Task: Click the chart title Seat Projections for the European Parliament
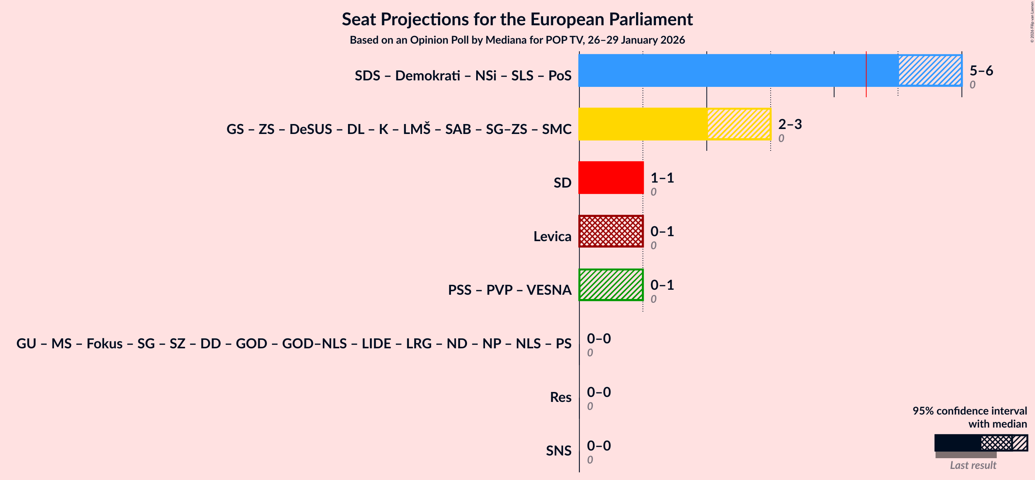(x=517, y=19)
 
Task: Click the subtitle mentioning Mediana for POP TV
(x=517, y=40)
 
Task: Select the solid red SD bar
(x=611, y=178)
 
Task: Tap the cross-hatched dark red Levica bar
(x=611, y=231)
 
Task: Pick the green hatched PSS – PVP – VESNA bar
(x=611, y=285)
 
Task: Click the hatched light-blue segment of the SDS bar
(x=930, y=70)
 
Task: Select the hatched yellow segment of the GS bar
(x=739, y=124)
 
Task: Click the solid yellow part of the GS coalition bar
(x=643, y=124)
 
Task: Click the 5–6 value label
(x=981, y=71)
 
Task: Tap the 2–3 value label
(x=790, y=124)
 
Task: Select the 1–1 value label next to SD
(x=662, y=178)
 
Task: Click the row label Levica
(x=552, y=237)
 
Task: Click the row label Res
(x=560, y=397)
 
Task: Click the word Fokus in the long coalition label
(x=104, y=344)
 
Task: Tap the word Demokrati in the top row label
(x=428, y=75)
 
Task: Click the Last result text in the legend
(x=973, y=465)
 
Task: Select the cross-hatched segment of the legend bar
(x=996, y=443)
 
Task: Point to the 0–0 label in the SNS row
(x=599, y=446)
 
